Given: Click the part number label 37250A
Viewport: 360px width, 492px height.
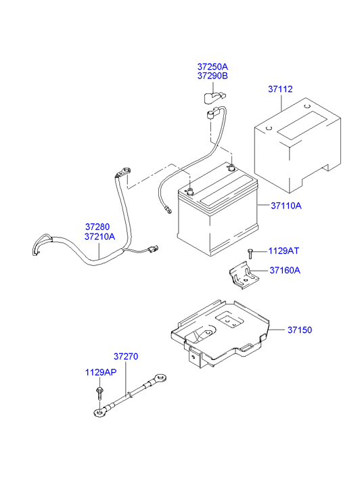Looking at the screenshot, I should click(x=212, y=67).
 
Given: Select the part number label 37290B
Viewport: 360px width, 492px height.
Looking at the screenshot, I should click(x=212, y=76).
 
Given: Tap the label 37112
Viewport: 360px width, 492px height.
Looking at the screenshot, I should click(x=279, y=89).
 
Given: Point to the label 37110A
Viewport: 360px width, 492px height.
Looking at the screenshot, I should click(x=286, y=205).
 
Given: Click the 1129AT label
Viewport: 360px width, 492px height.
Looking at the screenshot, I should click(x=284, y=251).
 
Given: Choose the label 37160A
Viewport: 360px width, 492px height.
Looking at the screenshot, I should click(x=285, y=271).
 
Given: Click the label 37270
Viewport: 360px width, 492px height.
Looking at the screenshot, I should click(x=126, y=356).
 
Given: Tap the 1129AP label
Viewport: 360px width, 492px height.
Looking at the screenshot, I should click(x=99, y=372).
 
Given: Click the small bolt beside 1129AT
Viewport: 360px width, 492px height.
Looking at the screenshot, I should click(x=250, y=254).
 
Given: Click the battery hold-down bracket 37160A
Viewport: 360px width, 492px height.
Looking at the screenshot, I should click(x=244, y=277).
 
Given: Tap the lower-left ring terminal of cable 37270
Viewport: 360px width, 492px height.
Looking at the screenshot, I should click(x=99, y=411).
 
